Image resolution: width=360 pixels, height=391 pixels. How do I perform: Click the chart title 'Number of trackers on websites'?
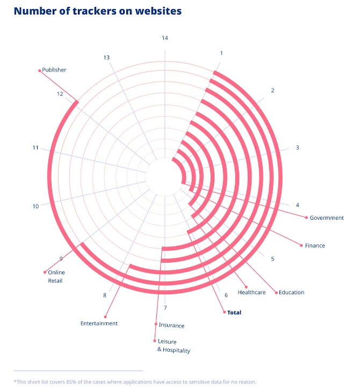(x=97, y=11)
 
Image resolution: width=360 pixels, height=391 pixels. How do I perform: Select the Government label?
(x=326, y=218)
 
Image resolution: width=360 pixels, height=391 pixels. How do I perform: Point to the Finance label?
(x=315, y=245)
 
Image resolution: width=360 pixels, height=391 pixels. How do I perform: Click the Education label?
(x=291, y=292)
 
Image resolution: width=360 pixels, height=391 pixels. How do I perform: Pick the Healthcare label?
(x=251, y=292)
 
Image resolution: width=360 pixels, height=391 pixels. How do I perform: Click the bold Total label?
(x=234, y=312)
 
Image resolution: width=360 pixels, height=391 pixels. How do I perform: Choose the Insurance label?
(x=171, y=325)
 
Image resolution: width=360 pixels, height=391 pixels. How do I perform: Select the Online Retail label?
(x=56, y=276)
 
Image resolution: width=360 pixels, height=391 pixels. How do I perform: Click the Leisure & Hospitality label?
(x=174, y=346)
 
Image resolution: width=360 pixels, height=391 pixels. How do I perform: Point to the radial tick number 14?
(x=165, y=38)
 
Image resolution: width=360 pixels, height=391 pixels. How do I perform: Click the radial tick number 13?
(x=106, y=57)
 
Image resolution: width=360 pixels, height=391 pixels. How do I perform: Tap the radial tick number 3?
(x=297, y=148)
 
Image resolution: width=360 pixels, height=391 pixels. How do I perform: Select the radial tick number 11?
(x=35, y=148)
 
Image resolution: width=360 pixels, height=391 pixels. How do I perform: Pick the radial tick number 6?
(x=226, y=295)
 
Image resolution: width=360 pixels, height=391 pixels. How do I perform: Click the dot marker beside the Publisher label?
(x=39, y=70)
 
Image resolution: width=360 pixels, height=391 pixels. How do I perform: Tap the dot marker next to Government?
(x=306, y=218)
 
